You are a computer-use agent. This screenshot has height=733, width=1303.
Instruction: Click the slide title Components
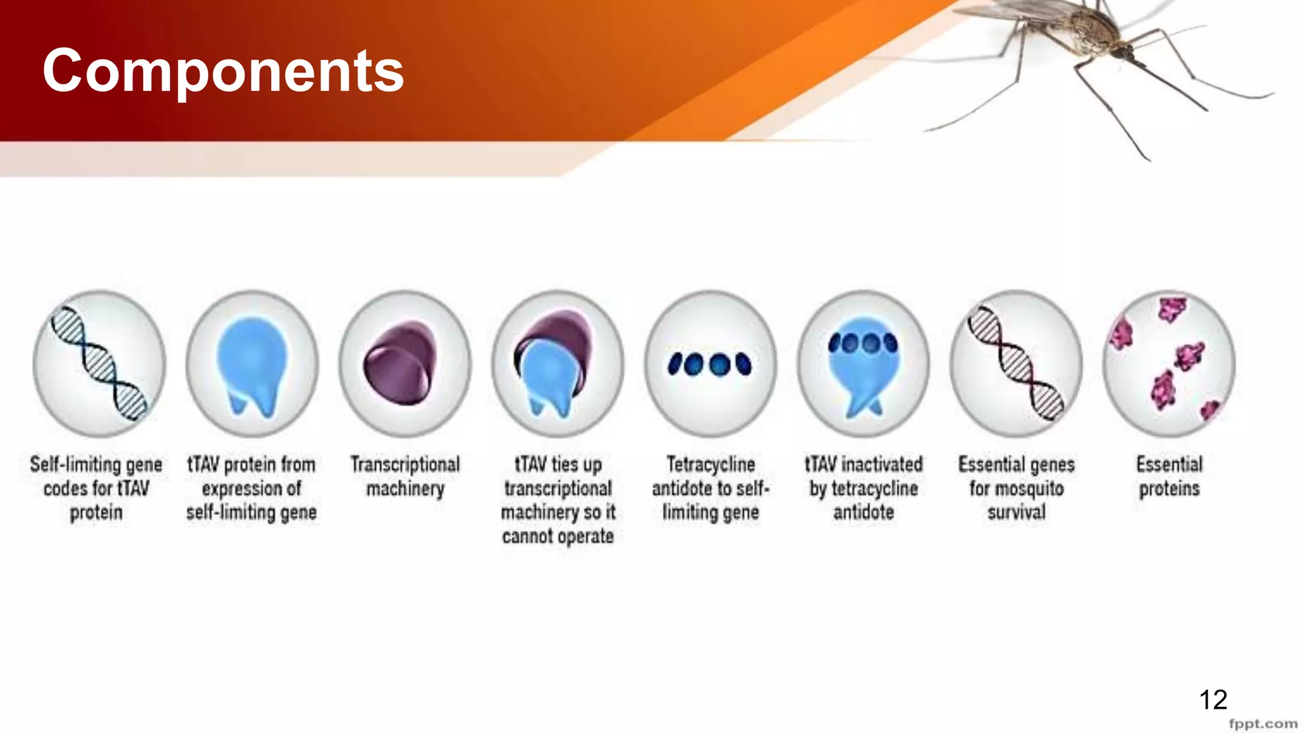pos(223,71)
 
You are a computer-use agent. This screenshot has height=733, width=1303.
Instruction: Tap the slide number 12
pos(1213,700)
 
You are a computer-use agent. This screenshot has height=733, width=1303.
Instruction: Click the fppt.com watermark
pos(1262,724)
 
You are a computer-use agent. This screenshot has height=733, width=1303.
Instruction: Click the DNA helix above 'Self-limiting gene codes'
pos(99,363)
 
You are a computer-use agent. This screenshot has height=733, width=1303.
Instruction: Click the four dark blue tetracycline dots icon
pos(709,364)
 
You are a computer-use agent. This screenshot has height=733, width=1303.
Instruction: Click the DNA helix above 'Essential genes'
pos(1015,363)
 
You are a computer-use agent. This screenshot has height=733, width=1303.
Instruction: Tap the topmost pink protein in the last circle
pos(1172,309)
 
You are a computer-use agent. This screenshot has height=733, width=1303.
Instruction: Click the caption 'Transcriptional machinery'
pos(405,476)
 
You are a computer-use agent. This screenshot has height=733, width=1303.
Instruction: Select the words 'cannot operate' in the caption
pos(557,536)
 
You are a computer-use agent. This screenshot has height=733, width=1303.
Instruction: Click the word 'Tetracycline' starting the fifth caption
pos(711,464)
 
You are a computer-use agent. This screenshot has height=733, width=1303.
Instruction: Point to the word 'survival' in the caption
pos(1016,512)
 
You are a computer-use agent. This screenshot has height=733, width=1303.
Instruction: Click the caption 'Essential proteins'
pos(1169,476)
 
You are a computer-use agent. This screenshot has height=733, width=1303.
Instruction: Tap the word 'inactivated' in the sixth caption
pos(882,464)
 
